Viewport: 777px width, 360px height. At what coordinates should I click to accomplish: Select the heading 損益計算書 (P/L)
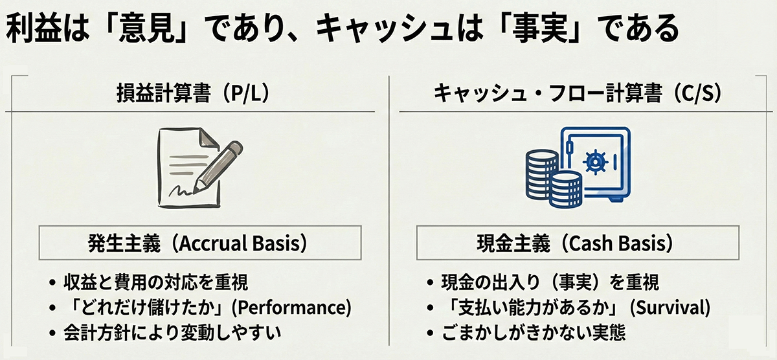[x=193, y=93]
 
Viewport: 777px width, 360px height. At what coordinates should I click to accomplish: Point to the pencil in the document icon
[x=218, y=166]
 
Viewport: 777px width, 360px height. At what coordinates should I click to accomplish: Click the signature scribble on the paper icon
[x=181, y=190]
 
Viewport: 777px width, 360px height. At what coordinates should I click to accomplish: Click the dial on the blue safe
[x=596, y=162]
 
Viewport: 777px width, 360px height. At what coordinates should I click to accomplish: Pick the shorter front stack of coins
[x=566, y=189]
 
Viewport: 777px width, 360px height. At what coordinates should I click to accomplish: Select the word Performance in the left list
[x=291, y=308]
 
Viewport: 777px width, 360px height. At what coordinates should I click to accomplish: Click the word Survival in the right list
[x=670, y=308]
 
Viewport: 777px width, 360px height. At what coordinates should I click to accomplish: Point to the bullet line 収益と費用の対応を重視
[x=155, y=282]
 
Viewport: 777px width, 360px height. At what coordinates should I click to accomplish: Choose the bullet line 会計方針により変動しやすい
[x=172, y=333]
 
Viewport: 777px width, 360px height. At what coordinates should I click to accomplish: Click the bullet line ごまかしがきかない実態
[x=534, y=333]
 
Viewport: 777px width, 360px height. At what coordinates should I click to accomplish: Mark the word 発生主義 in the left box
[x=124, y=243]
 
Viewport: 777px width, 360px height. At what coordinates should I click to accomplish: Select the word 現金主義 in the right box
[x=513, y=243]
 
